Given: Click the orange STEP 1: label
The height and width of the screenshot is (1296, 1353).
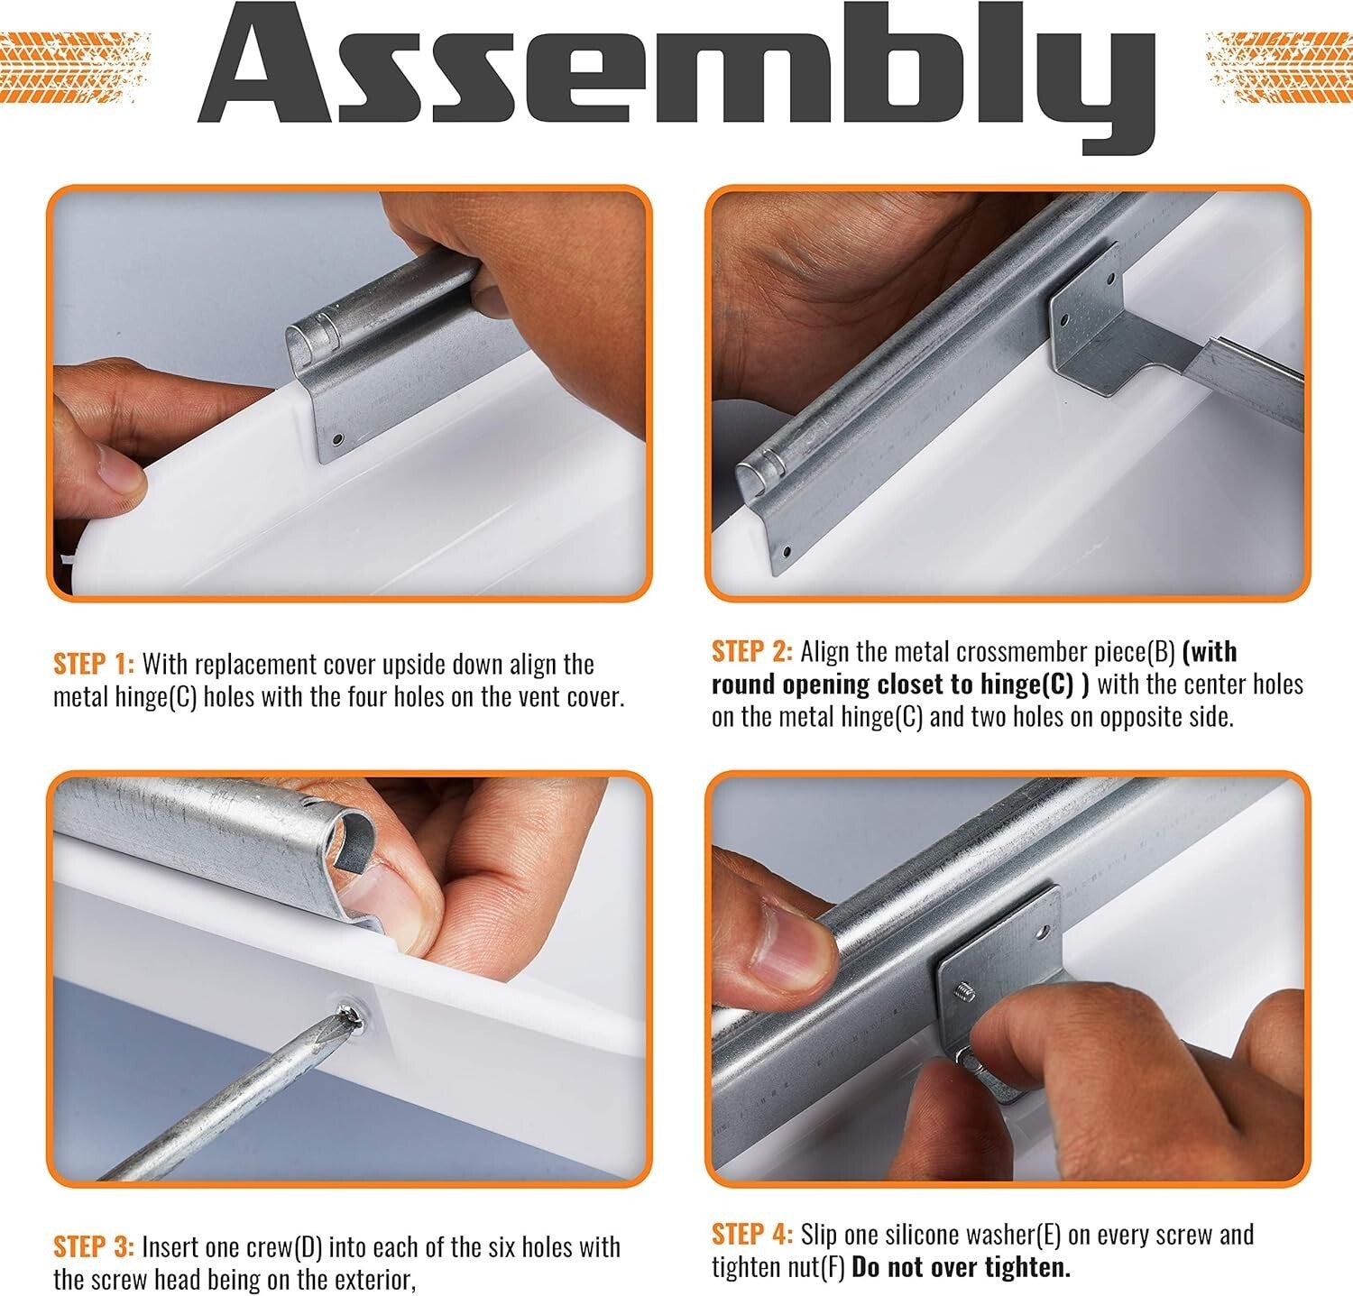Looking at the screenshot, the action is pos(94,665).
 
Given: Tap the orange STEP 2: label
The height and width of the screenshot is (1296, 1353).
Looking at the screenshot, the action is pos(752,651).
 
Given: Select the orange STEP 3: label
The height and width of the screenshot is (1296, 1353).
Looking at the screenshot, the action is pos(94,1247).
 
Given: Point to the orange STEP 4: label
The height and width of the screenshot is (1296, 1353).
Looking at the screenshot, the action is pos(752,1234).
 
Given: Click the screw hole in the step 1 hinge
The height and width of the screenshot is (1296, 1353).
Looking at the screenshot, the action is pos(337,440).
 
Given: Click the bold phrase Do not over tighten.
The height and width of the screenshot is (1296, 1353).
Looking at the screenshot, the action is pos(962,1267).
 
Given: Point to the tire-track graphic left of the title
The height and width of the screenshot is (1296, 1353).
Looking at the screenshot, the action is pos(74,54).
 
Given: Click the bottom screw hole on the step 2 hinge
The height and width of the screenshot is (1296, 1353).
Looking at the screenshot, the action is pos(786,550).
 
